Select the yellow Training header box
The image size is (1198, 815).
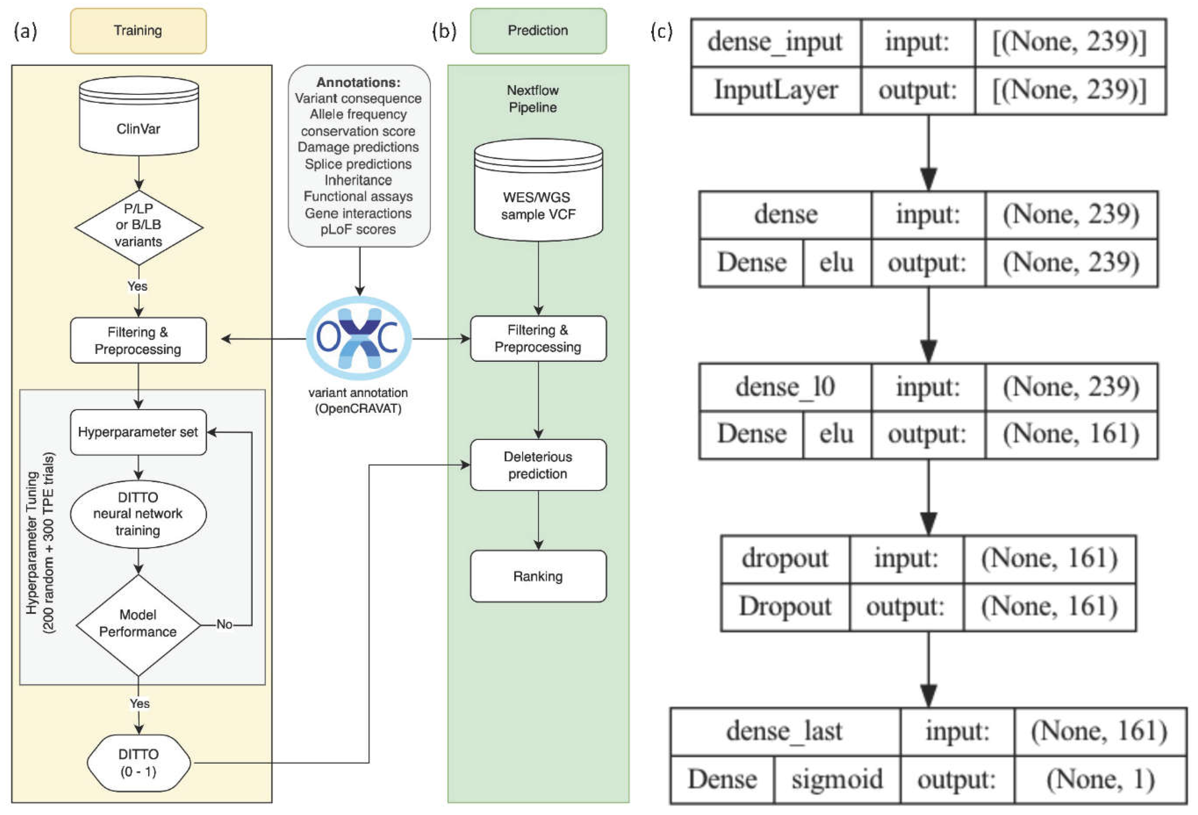click(x=138, y=31)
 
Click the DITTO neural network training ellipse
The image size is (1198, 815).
click(x=138, y=514)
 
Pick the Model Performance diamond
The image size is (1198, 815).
click(x=138, y=624)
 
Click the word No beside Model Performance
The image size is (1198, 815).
click(x=224, y=624)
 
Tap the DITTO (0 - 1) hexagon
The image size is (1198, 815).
click(x=138, y=763)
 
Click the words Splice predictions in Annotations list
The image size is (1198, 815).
click(x=358, y=164)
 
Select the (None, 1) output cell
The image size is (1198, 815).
click(x=1100, y=779)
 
